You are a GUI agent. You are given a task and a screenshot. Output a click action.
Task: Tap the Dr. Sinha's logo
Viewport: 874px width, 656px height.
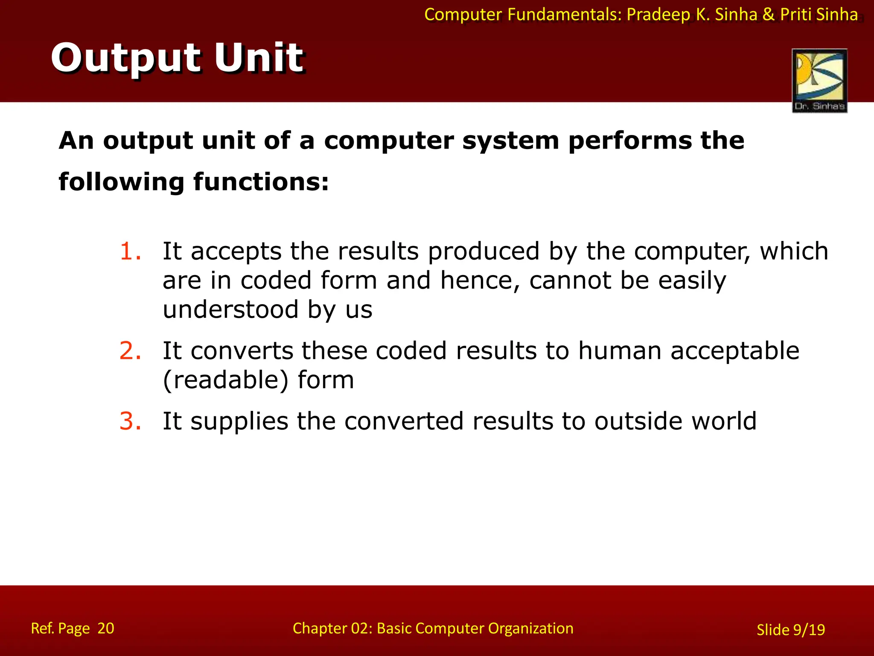[x=819, y=81]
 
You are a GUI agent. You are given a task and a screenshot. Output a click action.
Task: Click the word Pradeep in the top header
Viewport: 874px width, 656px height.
[x=658, y=15]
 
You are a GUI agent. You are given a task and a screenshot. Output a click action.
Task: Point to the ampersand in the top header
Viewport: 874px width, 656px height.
[x=768, y=15]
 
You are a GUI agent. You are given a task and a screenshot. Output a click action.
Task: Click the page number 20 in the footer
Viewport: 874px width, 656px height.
[x=106, y=628]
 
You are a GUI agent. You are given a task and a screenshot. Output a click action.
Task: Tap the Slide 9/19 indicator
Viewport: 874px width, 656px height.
[x=791, y=630]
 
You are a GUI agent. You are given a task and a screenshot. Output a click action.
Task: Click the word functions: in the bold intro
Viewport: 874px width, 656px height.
[x=261, y=182]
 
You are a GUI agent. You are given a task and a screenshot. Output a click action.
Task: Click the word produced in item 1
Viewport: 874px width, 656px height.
[x=484, y=251]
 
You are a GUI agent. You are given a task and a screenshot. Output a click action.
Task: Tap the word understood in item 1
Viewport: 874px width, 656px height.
[x=230, y=309]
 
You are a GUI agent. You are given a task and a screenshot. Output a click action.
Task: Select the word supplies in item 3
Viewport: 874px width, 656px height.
[x=239, y=422]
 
